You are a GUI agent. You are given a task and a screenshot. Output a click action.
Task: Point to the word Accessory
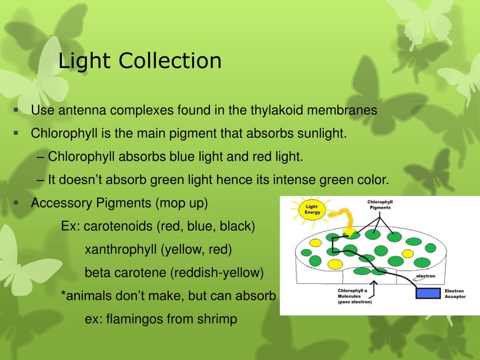click(x=62, y=203)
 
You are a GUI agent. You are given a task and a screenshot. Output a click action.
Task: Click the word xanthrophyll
click(x=120, y=249)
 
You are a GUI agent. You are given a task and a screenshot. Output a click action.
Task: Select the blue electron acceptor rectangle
click(x=428, y=293)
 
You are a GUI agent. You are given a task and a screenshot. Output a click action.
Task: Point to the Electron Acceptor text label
click(x=454, y=294)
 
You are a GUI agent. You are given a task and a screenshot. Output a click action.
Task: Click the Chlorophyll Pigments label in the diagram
click(x=380, y=205)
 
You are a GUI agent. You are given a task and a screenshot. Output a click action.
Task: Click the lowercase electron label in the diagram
click(x=425, y=276)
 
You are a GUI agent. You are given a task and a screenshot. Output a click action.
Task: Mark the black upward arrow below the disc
click(x=374, y=288)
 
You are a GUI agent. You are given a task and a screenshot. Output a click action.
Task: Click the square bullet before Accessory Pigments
click(x=16, y=203)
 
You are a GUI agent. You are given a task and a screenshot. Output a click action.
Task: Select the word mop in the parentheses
click(x=172, y=203)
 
